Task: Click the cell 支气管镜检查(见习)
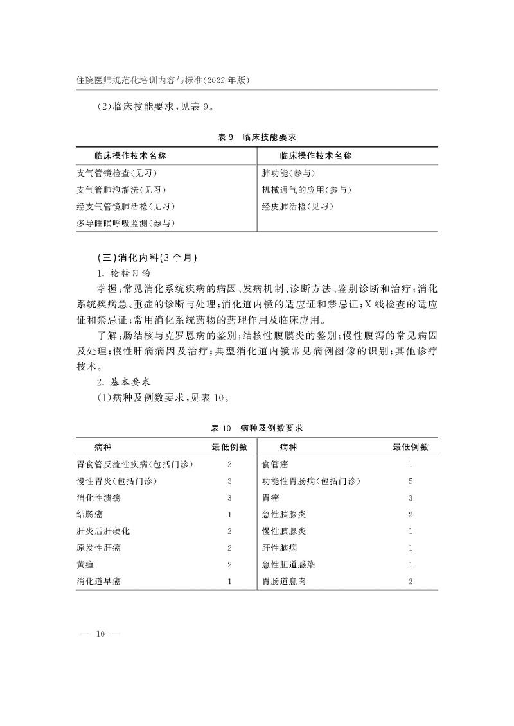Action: tap(116, 173)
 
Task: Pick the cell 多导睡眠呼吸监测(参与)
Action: tap(126, 223)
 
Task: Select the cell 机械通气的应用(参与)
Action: tap(306, 190)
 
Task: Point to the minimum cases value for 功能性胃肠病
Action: tap(411, 481)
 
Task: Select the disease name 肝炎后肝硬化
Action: tap(103, 531)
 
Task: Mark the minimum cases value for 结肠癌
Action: tap(229, 514)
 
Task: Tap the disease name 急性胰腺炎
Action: tap(283, 514)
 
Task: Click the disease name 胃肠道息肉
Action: tap(283, 581)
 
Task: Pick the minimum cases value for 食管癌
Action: tap(411, 464)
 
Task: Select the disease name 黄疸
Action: tap(85, 564)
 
